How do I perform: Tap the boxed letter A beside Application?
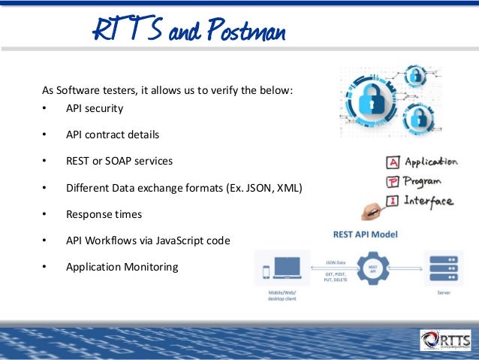pos(392,162)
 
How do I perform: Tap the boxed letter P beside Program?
pos(392,182)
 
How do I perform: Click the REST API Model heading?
pos(366,234)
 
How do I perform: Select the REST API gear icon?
pos(373,267)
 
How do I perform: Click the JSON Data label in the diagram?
pos(335,262)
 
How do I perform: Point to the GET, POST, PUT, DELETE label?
pos(335,277)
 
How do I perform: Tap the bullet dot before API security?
pos(45,108)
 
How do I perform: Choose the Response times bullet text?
pos(104,214)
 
